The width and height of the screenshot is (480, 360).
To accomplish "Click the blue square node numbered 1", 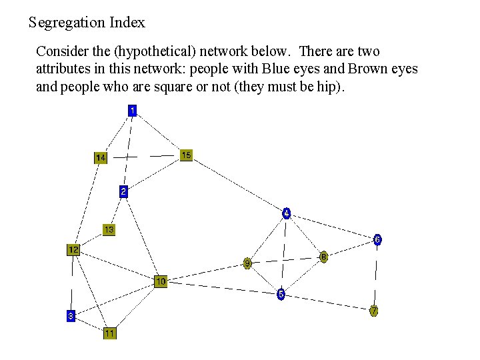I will [132, 111].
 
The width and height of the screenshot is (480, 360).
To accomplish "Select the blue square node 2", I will [123, 192].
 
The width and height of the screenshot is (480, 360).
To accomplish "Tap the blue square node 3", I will [71, 315].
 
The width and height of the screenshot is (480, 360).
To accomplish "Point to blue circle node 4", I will [286, 213].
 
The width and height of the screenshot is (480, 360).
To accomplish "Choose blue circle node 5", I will [281, 294].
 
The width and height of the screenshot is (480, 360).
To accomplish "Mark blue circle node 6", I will [377, 239].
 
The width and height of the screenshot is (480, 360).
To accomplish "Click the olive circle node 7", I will [374, 311].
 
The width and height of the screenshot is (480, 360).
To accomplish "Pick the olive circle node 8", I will [323, 257].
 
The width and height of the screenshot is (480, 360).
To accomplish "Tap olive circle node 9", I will [247, 263].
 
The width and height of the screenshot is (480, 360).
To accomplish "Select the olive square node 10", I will [161, 281].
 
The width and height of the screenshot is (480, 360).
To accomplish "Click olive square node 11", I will [110, 333].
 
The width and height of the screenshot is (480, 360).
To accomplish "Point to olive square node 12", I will [73, 250].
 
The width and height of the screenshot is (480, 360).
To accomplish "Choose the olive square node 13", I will [109, 230].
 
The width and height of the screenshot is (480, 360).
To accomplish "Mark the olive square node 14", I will [100, 158].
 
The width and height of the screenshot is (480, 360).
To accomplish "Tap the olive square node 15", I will [186, 155].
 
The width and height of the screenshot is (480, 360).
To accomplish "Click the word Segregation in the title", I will [67, 23].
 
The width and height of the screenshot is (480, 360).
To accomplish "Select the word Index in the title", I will [127, 23].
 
